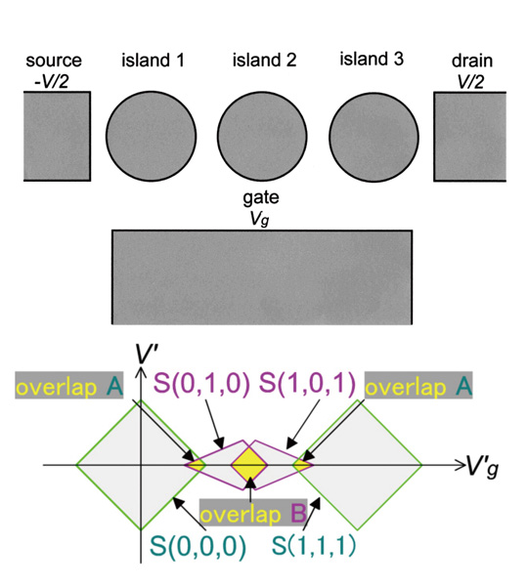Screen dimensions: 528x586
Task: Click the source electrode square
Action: [x=57, y=137]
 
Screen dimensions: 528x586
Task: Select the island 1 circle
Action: [x=151, y=137]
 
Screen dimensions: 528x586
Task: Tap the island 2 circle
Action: [x=262, y=137]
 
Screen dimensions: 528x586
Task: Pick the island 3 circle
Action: [x=374, y=137]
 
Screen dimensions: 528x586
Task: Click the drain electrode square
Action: [x=470, y=137]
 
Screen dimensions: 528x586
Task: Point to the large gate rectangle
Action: [x=262, y=277]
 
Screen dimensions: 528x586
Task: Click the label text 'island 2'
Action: [x=265, y=60]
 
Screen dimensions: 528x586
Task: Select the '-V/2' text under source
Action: [x=52, y=81]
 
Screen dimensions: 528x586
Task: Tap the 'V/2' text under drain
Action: [x=470, y=82]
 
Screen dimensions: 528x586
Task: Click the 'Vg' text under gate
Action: [x=259, y=218]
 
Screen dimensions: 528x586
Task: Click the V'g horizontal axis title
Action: [x=483, y=467]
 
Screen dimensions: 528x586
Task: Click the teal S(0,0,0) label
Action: [x=198, y=547]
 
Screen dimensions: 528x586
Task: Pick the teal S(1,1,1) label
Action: [x=314, y=546]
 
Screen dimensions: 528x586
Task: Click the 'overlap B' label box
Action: [x=253, y=513]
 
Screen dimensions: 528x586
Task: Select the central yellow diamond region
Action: [x=249, y=465]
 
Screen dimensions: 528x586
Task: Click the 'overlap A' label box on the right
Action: [x=418, y=386]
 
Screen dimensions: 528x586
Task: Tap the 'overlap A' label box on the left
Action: [x=69, y=386]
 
